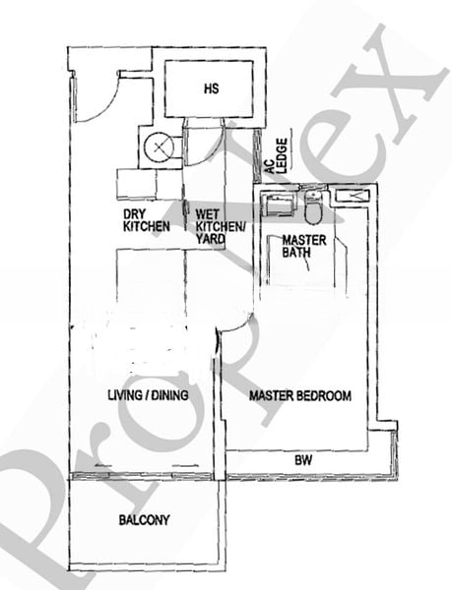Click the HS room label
click(212, 88)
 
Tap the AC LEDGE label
click(277, 155)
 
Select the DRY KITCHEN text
click(147, 220)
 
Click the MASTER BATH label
click(304, 246)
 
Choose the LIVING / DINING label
click(148, 395)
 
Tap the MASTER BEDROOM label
click(300, 396)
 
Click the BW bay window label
click(303, 460)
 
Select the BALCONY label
click(144, 520)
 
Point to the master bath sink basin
click(279, 206)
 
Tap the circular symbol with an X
click(159, 147)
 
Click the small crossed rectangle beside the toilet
click(353, 196)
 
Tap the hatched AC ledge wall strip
click(257, 155)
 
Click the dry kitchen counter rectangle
click(136, 185)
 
